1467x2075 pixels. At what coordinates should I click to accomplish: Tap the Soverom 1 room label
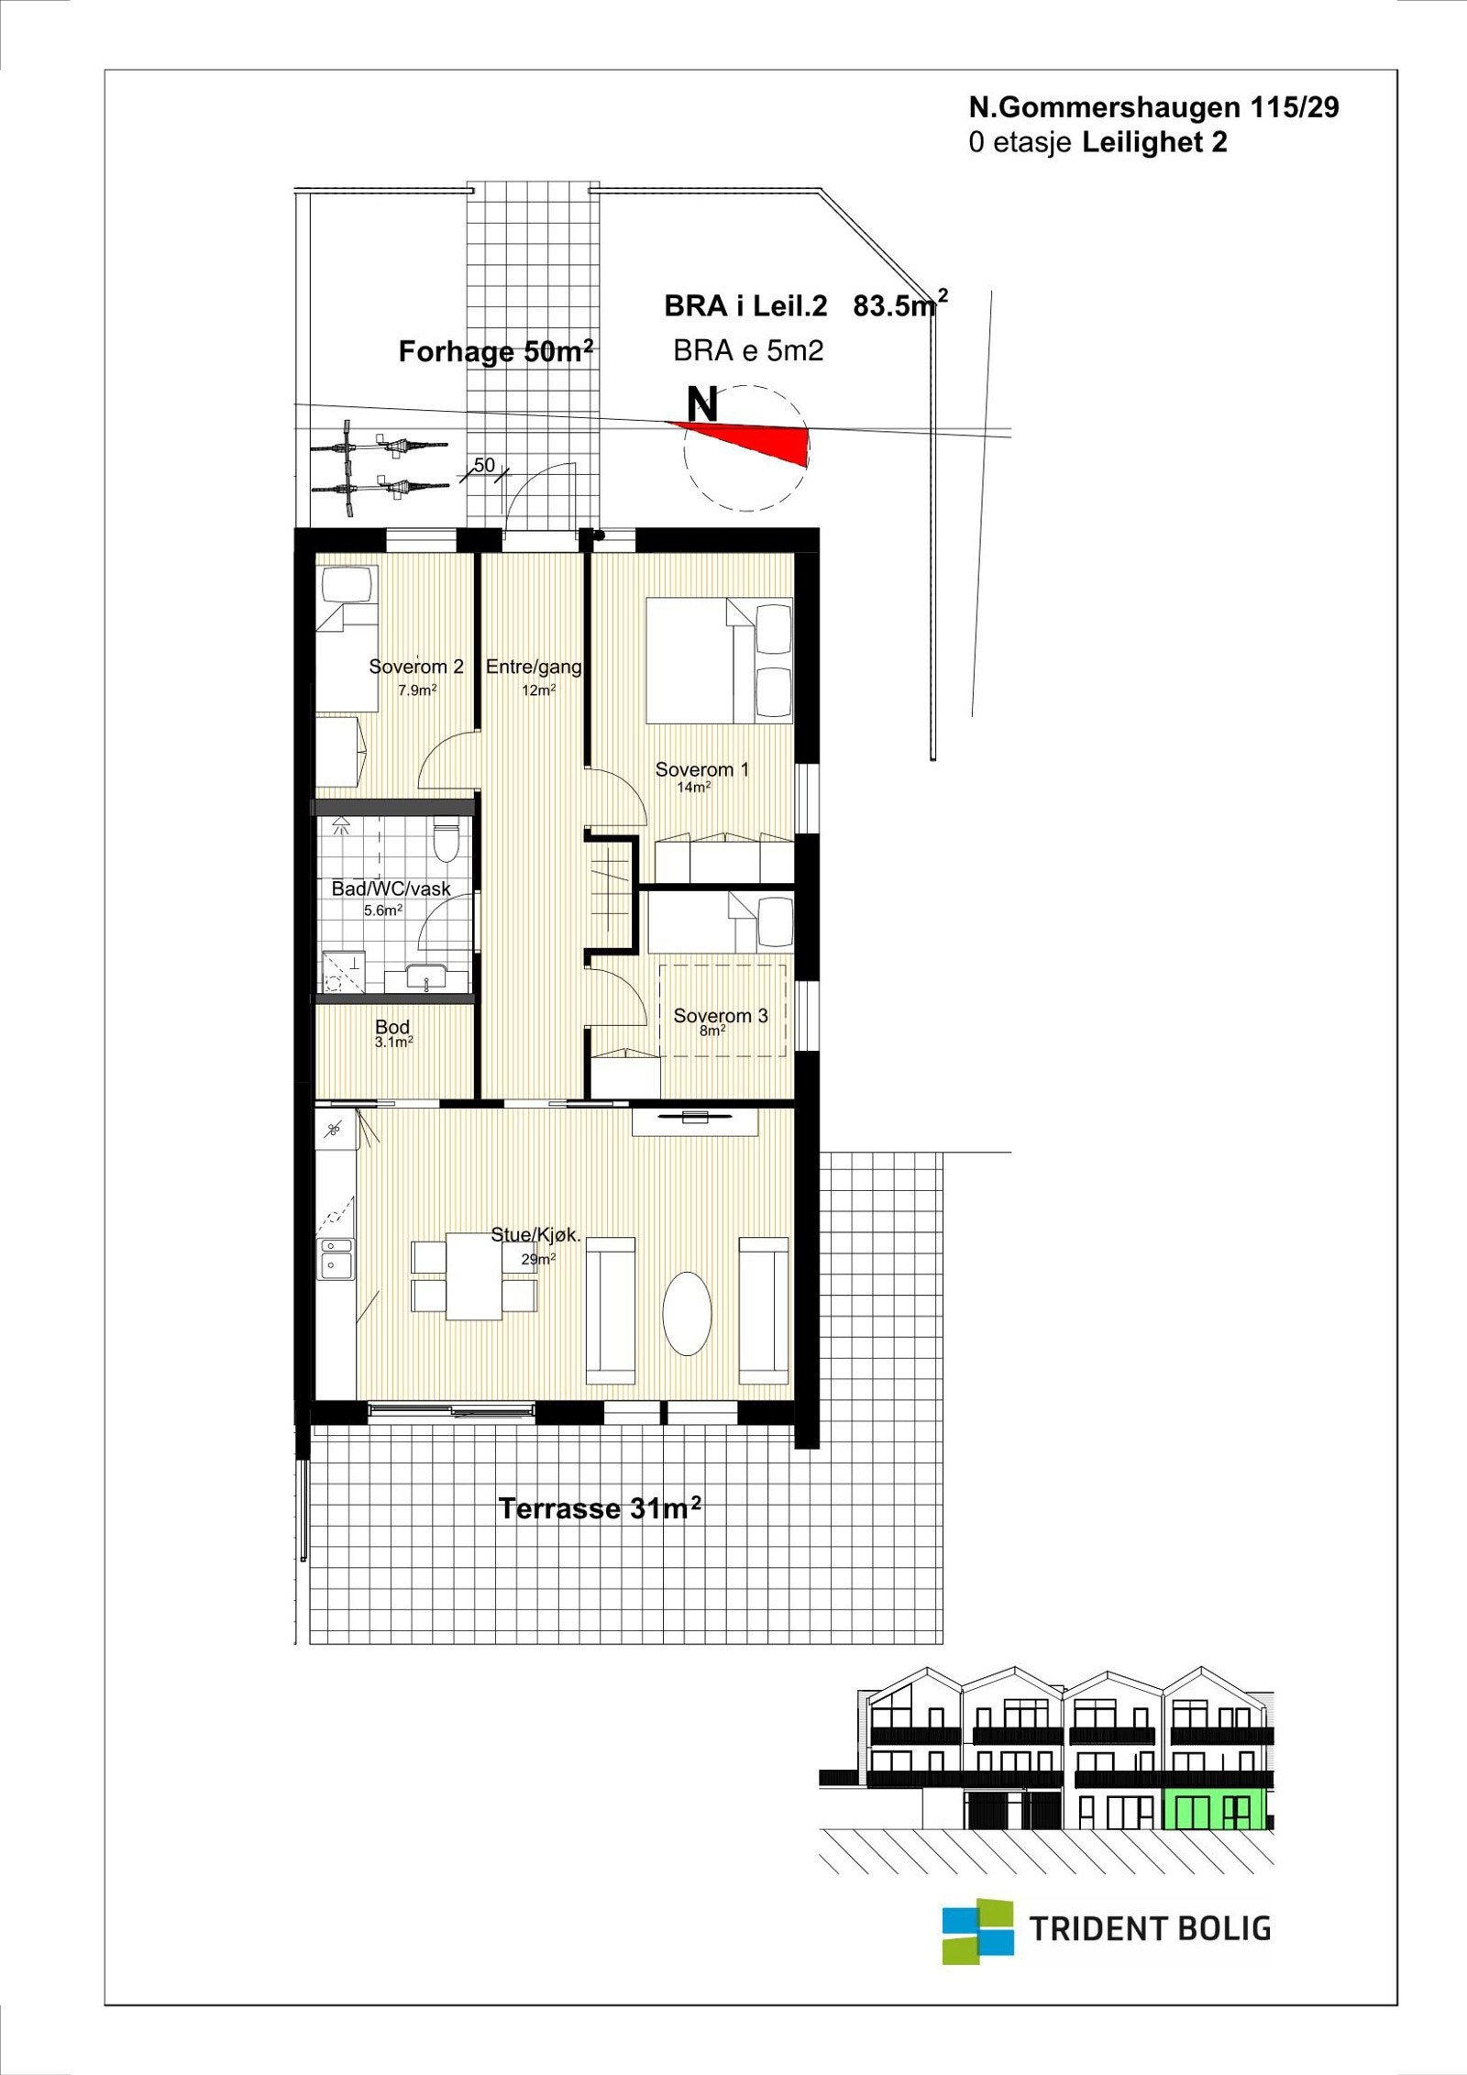[701, 769]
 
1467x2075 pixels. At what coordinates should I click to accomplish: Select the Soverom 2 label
[416, 667]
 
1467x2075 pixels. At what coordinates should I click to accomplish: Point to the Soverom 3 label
[721, 1016]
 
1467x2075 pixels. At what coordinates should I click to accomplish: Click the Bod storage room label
[392, 1028]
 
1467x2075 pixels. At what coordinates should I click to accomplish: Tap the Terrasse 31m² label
[600, 1508]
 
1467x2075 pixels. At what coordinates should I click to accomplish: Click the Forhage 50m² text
[496, 352]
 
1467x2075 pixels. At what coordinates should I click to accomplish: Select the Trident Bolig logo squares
[978, 1931]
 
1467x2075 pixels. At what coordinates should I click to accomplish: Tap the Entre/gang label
[534, 667]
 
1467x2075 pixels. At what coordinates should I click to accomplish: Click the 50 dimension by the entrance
[484, 465]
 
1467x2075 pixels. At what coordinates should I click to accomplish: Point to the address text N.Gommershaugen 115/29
[1153, 108]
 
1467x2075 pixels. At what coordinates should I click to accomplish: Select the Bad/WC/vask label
[391, 888]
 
